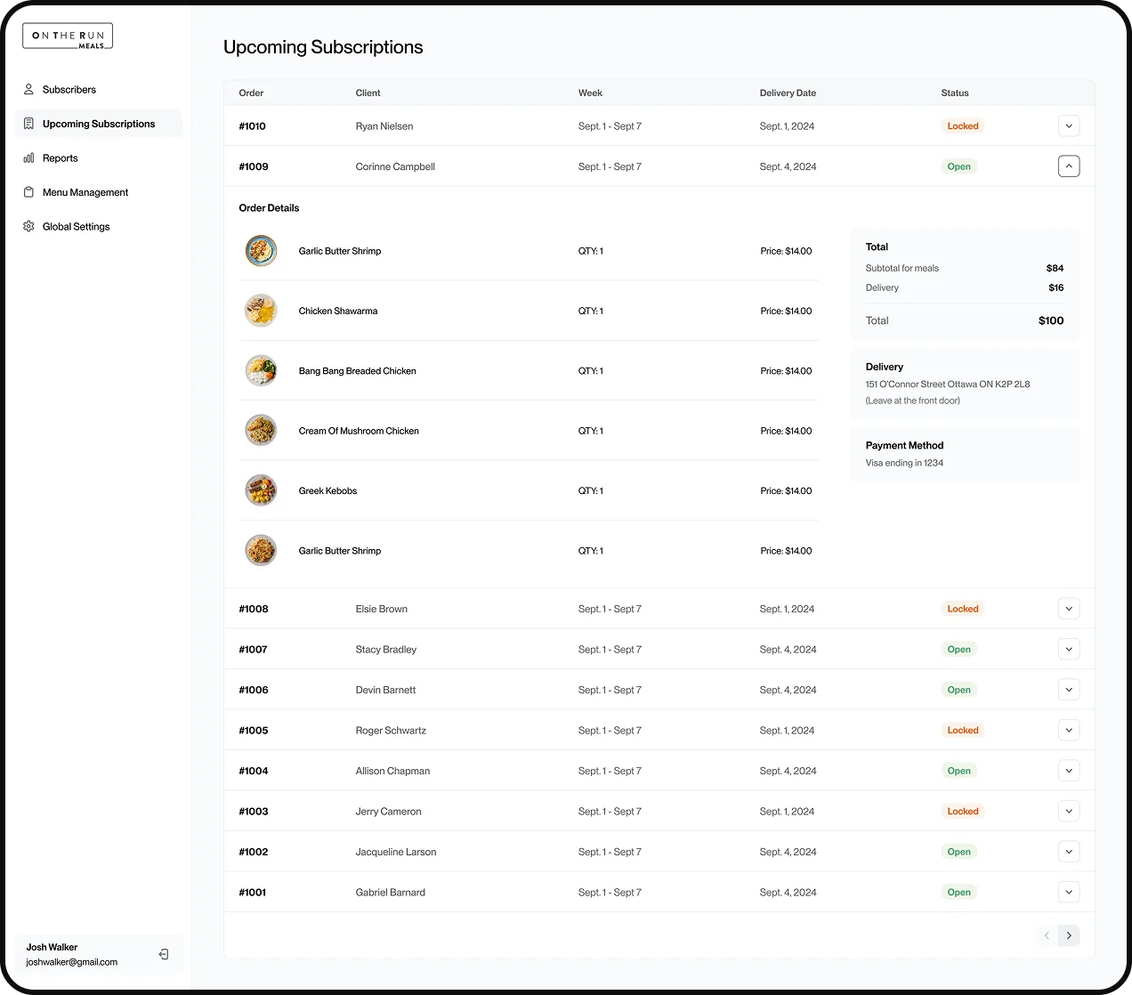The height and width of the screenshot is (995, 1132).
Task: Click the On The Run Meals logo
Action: (68, 36)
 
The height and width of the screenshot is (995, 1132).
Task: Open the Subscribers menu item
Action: (69, 89)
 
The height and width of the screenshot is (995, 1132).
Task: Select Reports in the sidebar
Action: (60, 158)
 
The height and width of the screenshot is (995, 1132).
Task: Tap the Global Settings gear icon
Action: (28, 226)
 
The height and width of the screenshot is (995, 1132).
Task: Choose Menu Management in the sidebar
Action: (85, 192)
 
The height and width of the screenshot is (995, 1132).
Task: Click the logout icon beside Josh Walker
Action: (164, 954)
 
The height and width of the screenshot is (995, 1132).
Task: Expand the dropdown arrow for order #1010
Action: (1068, 125)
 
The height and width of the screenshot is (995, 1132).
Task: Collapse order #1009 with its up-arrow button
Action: (1068, 166)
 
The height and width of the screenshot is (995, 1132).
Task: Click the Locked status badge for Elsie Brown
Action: (962, 609)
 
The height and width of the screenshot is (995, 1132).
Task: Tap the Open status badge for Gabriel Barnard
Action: (958, 892)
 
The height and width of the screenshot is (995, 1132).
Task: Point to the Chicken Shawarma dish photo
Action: (261, 310)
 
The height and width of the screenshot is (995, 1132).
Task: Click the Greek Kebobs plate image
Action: (261, 490)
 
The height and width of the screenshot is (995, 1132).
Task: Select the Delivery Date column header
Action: (788, 93)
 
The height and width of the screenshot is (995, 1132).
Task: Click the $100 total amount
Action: (1050, 320)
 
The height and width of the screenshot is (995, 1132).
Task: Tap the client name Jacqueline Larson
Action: (396, 852)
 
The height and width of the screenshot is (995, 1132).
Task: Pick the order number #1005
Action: (253, 730)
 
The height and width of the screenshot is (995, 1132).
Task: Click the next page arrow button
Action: (1068, 935)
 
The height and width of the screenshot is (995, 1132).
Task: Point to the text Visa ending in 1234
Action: (904, 463)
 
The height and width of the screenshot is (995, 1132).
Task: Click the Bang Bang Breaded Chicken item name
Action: (357, 371)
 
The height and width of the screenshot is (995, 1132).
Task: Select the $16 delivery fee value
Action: (1055, 287)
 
